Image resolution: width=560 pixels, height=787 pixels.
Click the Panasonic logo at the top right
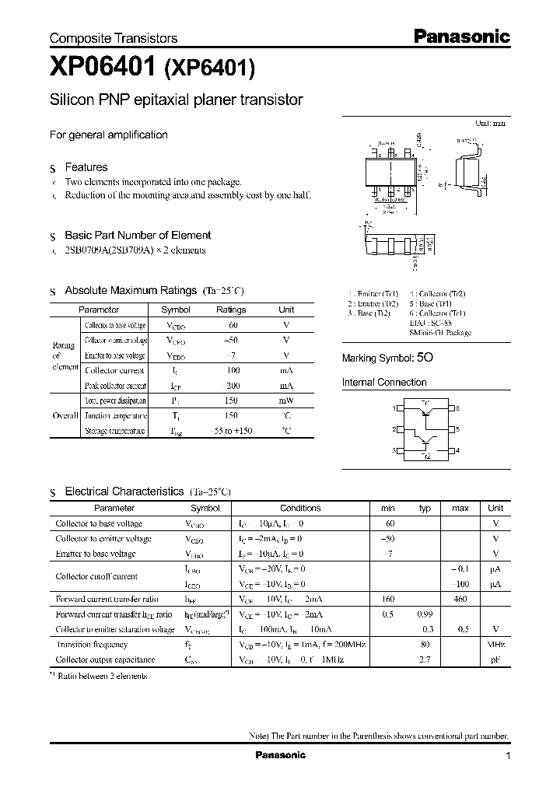click(460, 37)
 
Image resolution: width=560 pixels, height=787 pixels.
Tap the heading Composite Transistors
click(114, 38)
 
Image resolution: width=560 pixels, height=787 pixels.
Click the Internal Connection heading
click(384, 383)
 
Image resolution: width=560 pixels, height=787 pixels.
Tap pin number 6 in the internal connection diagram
click(457, 408)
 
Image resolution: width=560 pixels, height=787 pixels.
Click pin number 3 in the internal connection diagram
click(395, 451)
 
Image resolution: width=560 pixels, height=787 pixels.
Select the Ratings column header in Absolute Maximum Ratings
click(230, 310)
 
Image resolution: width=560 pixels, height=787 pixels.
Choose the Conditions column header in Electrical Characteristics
click(300, 508)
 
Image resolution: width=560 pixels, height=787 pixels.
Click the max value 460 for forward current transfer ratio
click(460, 599)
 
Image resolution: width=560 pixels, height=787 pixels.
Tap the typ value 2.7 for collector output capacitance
click(425, 659)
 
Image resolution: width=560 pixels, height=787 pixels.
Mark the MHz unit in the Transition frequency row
click(495, 645)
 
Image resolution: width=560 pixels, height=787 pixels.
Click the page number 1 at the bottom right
click(508, 756)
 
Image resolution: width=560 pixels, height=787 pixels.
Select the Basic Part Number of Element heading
click(138, 235)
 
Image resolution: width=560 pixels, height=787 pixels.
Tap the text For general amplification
click(109, 135)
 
